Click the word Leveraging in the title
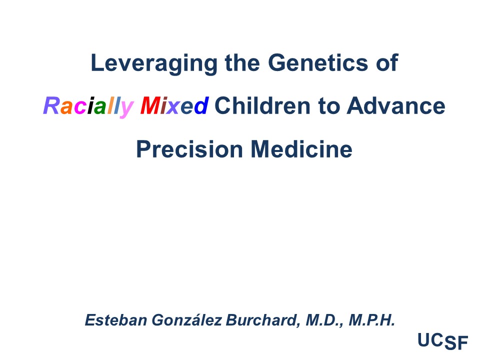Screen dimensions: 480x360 point(154,63)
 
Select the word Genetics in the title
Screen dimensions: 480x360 point(318,63)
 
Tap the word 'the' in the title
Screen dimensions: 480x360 point(242,63)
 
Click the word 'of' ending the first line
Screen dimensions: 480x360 point(387,63)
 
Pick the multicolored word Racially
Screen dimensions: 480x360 point(88,106)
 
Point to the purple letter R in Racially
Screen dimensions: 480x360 point(51,105)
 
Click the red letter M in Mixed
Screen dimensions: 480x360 point(150,105)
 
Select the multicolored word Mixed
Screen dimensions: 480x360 point(174,105)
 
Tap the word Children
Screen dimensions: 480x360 point(262,105)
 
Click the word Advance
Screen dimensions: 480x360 point(396,105)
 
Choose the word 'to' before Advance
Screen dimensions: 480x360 point(328,106)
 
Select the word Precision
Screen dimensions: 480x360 point(189,149)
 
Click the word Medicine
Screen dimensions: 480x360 point(301,149)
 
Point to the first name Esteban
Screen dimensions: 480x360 point(115,320)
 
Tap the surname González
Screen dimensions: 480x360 point(186,320)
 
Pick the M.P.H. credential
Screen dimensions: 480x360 point(371,320)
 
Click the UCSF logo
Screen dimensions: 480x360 point(442,341)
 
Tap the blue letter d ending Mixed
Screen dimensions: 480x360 point(201,105)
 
